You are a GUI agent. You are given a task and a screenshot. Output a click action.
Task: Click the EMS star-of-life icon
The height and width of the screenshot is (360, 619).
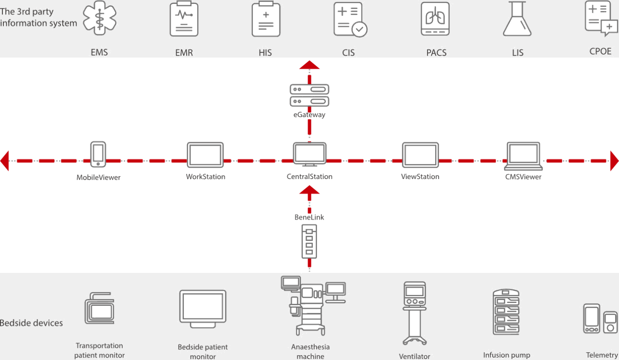[100, 18]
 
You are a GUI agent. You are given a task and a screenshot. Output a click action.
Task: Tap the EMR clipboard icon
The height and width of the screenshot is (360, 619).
[184, 19]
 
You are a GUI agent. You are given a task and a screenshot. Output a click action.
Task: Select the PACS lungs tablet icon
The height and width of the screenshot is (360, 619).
[435, 19]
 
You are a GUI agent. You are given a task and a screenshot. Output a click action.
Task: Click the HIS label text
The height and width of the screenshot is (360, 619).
[265, 52]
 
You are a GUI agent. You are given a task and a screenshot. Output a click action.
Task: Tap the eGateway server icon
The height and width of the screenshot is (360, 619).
[309, 95]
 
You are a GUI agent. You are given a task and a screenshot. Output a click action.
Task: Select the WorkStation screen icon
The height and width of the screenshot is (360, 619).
[205, 155]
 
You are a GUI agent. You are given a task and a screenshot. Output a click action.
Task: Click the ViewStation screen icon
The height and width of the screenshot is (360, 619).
[420, 155]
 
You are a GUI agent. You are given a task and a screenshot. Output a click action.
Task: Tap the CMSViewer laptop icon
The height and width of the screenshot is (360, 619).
[523, 155]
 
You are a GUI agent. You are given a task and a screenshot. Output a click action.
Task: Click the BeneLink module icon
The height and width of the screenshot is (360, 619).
[309, 241]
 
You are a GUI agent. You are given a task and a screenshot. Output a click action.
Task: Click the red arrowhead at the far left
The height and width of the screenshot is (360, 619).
[5, 161]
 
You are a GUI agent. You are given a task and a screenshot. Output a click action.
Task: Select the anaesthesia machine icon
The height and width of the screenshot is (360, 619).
[312, 305]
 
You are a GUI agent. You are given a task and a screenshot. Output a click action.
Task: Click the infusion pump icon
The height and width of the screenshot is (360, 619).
[506, 313]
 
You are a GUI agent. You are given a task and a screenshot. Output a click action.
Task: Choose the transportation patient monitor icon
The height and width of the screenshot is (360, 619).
[99, 308]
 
